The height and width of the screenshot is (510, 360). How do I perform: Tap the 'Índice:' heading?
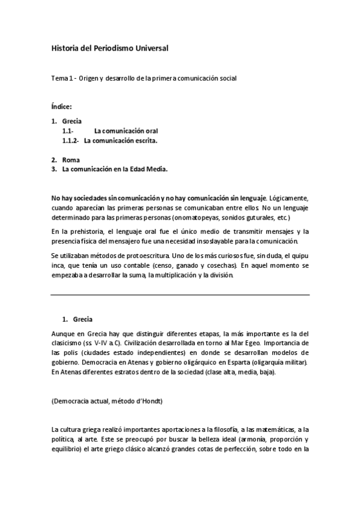[x=62, y=106]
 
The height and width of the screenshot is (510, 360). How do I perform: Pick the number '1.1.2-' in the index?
[x=71, y=141]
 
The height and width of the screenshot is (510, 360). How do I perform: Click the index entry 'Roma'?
[x=71, y=160]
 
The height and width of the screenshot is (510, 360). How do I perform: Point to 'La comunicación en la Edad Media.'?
[x=115, y=170]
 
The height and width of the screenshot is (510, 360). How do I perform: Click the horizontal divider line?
[x=180, y=295]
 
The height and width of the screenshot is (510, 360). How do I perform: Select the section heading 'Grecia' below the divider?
[x=82, y=319]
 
